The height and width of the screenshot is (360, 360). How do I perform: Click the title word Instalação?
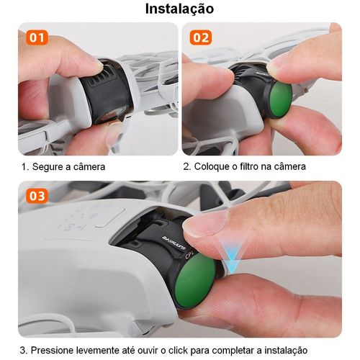(179, 9)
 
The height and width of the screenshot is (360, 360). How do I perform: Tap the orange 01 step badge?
(37, 37)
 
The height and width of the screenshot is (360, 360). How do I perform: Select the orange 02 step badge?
(201, 37)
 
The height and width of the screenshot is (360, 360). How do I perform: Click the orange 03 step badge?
(37, 196)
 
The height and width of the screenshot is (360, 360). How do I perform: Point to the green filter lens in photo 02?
(281, 99)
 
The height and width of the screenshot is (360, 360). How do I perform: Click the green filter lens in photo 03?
(195, 281)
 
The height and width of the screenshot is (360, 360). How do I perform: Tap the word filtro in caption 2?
(249, 166)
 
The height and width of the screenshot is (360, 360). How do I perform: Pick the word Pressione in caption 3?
(53, 350)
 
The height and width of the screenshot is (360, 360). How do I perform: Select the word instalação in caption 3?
(286, 351)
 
